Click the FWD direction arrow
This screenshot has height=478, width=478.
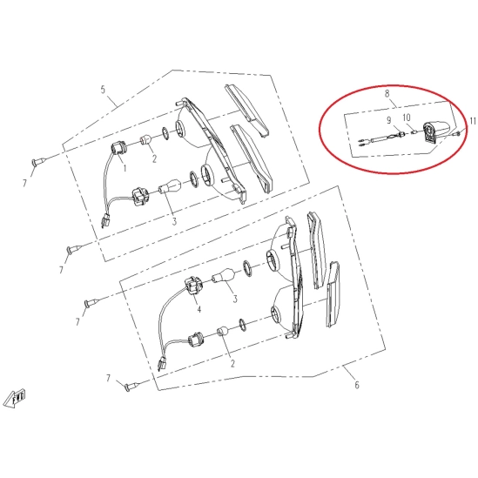click(x=17, y=399)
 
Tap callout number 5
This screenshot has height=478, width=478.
click(x=103, y=90)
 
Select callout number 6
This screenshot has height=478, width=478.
click(x=357, y=385)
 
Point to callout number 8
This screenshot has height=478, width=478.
click(x=387, y=93)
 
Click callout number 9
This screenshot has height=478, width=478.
click(x=389, y=120)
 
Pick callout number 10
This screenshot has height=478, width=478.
click(x=407, y=118)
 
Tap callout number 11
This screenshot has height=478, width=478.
click(x=472, y=121)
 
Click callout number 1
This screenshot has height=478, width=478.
click(x=125, y=168)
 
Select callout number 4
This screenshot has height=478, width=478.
click(x=199, y=310)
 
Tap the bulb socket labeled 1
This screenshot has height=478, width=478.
click(x=118, y=149)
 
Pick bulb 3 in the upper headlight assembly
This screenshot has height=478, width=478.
click(x=170, y=185)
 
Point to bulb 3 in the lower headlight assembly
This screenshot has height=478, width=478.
click(x=224, y=275)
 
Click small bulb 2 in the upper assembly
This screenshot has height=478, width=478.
click(x=145, y=139)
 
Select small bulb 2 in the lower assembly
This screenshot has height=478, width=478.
click(x=223, y=332)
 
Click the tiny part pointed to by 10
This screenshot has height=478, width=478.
click(x=414, y=132)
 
